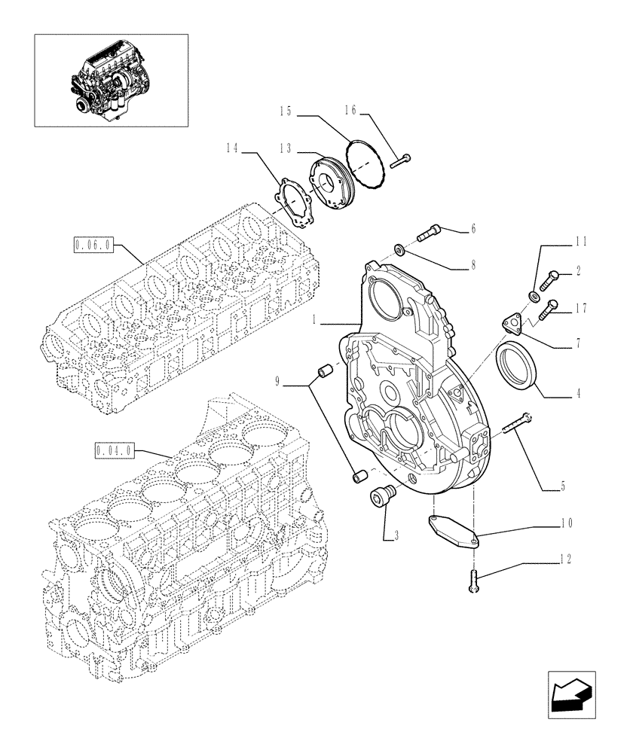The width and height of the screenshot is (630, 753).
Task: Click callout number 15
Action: coord(285,112)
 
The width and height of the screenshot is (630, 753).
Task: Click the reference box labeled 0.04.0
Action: coord(115,451)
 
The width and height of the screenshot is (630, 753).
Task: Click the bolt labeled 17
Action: coord(550,306)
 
